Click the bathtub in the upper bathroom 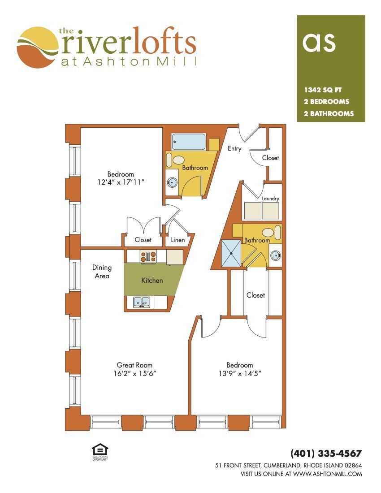pyautogui.click(x=189, y=142)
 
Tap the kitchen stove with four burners pyautogui.click(x=148, y=256)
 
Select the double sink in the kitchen pyautogui.click(x=142, y=302)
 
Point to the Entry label pyautogui.click(x=234, y=148)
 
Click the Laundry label pyautogui.click(x=270, y=199)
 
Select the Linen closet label pyautogui.click(x=178, y=240)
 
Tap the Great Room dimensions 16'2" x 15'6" pyautogui.click(x=135, y=373)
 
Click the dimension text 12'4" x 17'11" pyautogui.click(x=121, y=182)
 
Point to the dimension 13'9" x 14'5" pyautogui.click(x=240, y=373)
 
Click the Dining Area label pyautogui.click(x=102, y=272)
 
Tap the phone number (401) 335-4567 pyautogui.click(x=326, y=454)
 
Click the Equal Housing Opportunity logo pyautogui.click(x=100, y=452)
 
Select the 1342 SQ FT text pyautogui.click(x=323, y=90)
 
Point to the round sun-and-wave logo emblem pyautogui.click(x=38, y=48)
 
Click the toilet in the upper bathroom pyautogui.click(x=175, y=160)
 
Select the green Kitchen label pyautogui.click(x=152, y=280)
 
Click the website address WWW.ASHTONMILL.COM pyautogui.click(x=328, y=474)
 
